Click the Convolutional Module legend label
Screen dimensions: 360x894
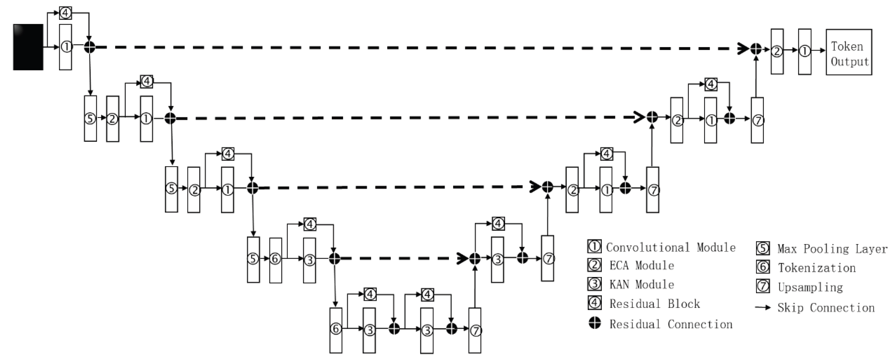coord(670,247)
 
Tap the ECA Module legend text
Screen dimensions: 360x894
coord(642,266)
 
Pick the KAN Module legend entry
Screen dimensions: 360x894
coord(642,285)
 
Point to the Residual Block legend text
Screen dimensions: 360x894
coord(655,304)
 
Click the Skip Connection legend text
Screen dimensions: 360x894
coord(826,308)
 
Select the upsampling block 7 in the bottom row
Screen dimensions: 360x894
coord(475,330)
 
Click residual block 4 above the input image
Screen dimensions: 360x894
coord(66,13)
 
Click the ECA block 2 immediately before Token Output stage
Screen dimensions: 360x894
coord(777,51)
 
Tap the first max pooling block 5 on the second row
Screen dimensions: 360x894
coord(90,118)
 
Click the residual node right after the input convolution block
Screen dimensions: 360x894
coord(89,47)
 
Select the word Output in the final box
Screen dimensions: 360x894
coord(849,61)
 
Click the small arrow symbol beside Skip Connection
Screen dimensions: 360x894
coord(763,308)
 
